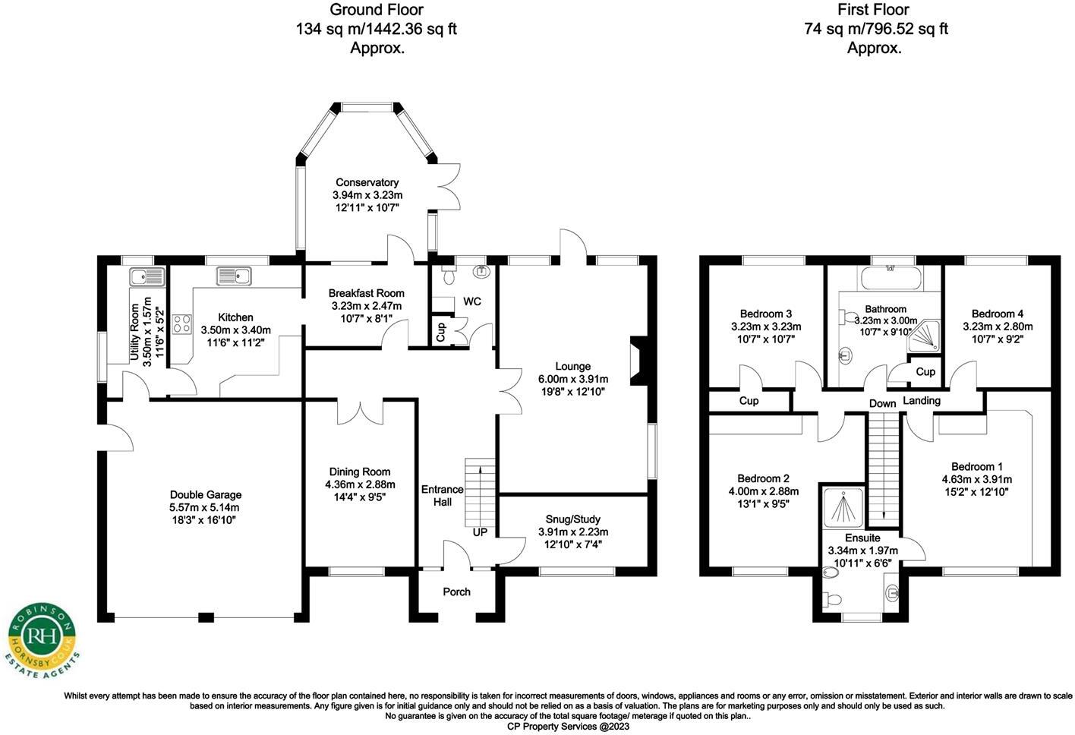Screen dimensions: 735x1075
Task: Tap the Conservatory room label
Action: pos(367,182)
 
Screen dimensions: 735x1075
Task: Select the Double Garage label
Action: pos(205,494)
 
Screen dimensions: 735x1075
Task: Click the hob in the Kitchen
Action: pos(182,324)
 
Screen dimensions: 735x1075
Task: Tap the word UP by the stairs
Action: pos(480,532)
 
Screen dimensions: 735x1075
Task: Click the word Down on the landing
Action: pos(882,403)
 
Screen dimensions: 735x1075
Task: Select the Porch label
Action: pos(456,591)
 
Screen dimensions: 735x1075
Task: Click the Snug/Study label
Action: pos(573,519)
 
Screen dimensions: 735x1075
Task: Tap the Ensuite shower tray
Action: pos(843,506)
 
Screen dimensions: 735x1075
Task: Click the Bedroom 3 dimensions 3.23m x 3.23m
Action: pos(766,326)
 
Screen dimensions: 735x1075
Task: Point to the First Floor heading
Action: pos(873,10)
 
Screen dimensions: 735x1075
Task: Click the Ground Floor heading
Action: pos(377,10)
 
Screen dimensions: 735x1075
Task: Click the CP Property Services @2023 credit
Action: pos(567,726)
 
